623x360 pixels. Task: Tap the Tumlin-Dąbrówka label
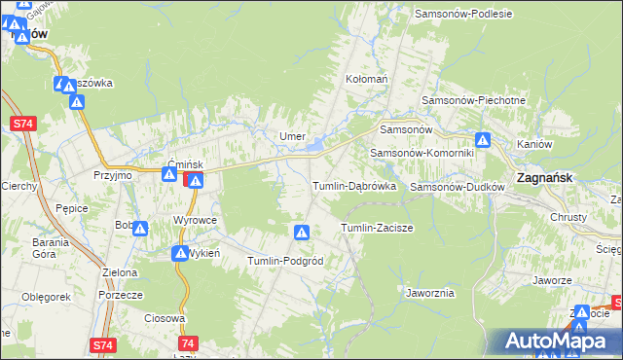click(352, 185)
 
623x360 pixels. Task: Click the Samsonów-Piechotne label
click(473, 100)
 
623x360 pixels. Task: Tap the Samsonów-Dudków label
click(456, 186)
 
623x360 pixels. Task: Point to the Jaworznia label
click(429, 292)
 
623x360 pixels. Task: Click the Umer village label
click(293, 136)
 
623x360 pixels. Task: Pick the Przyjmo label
click(112, 176)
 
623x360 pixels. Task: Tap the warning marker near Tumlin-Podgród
click(302, 233)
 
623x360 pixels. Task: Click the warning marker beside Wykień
click(180, 254)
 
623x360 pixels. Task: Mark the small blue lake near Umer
click(318, 148)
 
